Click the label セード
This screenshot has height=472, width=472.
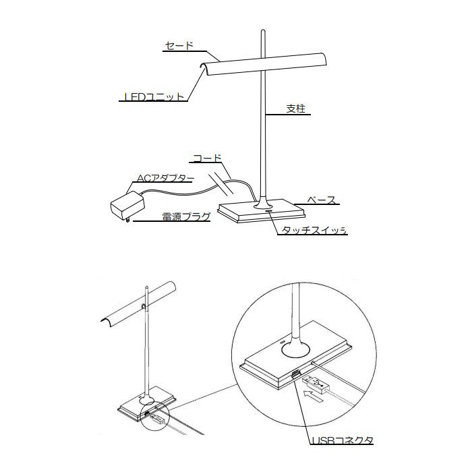pyautogui.click(x=179, y=45)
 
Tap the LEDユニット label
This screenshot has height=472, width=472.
pyautogui.click(x=154, y=96)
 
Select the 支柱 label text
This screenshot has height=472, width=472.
pyautogui.click(x=295, y=109)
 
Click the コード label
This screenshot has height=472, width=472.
pyautogui.click(x=208, y=158)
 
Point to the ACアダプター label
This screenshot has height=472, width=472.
pyautogui.click(x=165, y=178)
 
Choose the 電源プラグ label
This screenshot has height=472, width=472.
pyautogui.click(x=186, y=216)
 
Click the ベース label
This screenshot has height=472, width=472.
pyautogui.click(x=321, y=200)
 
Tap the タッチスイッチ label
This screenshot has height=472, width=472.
pyautogui.click(x=314, y=231)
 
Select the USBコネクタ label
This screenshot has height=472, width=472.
pyautogui.click(x=343, y=440)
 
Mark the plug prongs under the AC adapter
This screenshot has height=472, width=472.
pyautogui.click(x=128, y=220)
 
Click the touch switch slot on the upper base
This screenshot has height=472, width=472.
pyautogui.click(x=268, y=211)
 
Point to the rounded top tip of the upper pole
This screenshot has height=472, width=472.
pyautogui.click(x=263, y=30)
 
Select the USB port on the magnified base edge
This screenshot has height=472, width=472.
pyautogui.click(x=295, y=374)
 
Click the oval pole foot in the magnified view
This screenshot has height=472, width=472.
pyautogui.click(x=295, y=351)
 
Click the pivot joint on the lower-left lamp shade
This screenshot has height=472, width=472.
pyautogui.click(x=144, y=306)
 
